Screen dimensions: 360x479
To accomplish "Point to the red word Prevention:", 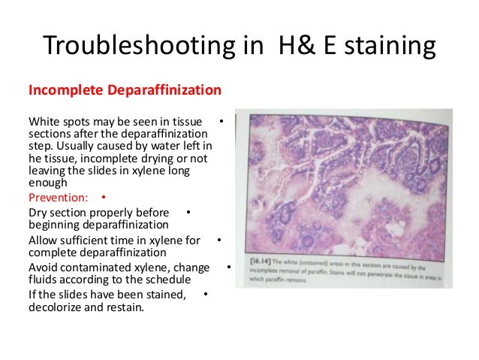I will point(58,198).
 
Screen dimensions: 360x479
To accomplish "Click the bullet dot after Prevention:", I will point(102,198).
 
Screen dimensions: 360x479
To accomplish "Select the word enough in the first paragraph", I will point(47,182).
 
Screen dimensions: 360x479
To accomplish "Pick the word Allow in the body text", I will point(44,241).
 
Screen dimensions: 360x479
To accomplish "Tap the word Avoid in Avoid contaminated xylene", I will point(44,268).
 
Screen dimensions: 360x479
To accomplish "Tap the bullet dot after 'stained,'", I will point(205,293).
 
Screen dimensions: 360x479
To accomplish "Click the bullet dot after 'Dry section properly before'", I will point(187,213).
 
